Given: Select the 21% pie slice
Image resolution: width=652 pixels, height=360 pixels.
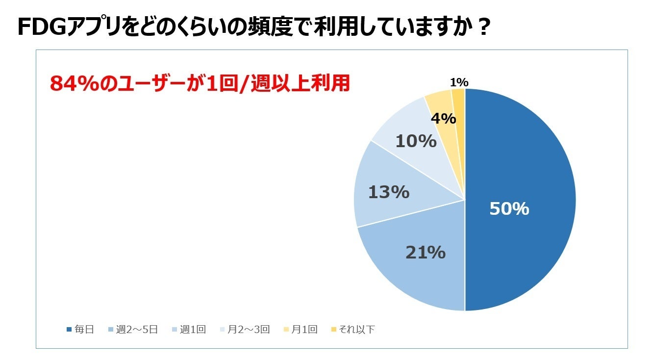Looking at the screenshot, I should click(417, 275).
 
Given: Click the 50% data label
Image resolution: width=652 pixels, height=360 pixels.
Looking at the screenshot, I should click(509, 209).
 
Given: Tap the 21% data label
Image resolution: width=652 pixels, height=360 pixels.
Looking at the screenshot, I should click(425, 252).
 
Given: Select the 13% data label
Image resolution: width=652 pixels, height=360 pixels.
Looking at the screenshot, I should click(388, 192).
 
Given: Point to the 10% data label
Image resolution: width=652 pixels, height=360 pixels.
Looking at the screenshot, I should click(416, 141).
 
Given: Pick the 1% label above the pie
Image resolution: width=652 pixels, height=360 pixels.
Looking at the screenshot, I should click(459, 82).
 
